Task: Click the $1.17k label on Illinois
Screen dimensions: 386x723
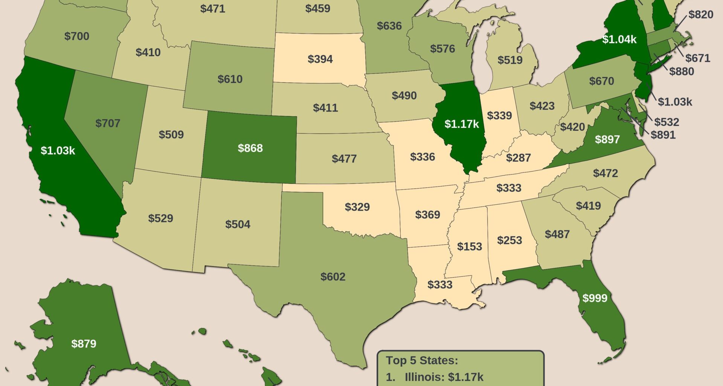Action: (461, 124)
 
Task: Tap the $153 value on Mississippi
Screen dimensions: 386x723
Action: (469, 247)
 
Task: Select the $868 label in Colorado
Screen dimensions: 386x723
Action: (250, 148)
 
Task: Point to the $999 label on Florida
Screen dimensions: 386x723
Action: (595, 298)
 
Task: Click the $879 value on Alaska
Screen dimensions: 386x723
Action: (84, 344)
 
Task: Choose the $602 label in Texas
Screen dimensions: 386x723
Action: (333, 277)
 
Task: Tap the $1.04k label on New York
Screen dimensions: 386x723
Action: (619, 39)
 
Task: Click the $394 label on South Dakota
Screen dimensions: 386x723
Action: (320, 59)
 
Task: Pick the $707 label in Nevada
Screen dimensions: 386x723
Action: (108, 123)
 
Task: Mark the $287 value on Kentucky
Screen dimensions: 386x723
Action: (518, 158)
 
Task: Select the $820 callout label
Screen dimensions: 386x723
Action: (700, 15)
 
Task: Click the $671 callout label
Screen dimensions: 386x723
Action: (697, 58)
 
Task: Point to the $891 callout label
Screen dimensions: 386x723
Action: (663, 135)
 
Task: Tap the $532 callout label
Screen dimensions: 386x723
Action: (666, 122)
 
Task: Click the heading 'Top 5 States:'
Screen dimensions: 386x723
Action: (422, 360)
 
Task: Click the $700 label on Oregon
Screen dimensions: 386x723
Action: (76, 36)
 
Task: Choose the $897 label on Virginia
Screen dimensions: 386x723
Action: (607, 139)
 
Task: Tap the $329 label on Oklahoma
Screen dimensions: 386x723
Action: (357, 207)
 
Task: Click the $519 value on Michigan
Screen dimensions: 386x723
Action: (510, 60)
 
